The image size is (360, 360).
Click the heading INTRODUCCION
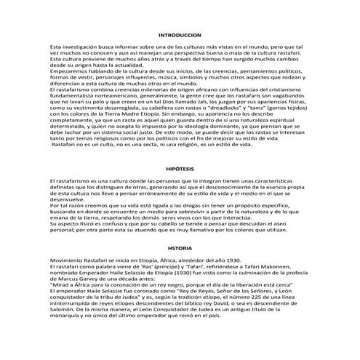tap(180, 35)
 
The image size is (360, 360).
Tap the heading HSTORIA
tap(180, 248)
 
